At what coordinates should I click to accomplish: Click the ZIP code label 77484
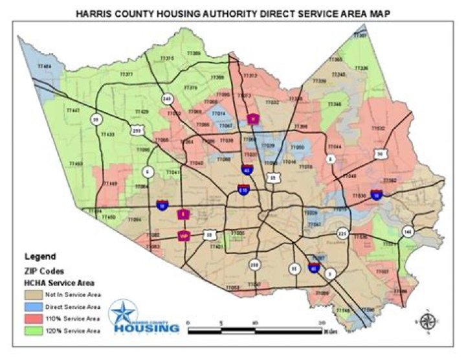click(45, 66)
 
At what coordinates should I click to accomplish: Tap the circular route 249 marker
click(167, 99)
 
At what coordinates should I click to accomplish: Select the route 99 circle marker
click(96, 119)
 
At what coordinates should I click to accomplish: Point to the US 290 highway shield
click(137, 130)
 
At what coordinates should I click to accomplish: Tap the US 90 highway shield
click(380, 153)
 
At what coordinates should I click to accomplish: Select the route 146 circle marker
click(407, 231)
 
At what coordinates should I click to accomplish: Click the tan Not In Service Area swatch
click(38, 294)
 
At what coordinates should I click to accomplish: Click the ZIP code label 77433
click(107, 134)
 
